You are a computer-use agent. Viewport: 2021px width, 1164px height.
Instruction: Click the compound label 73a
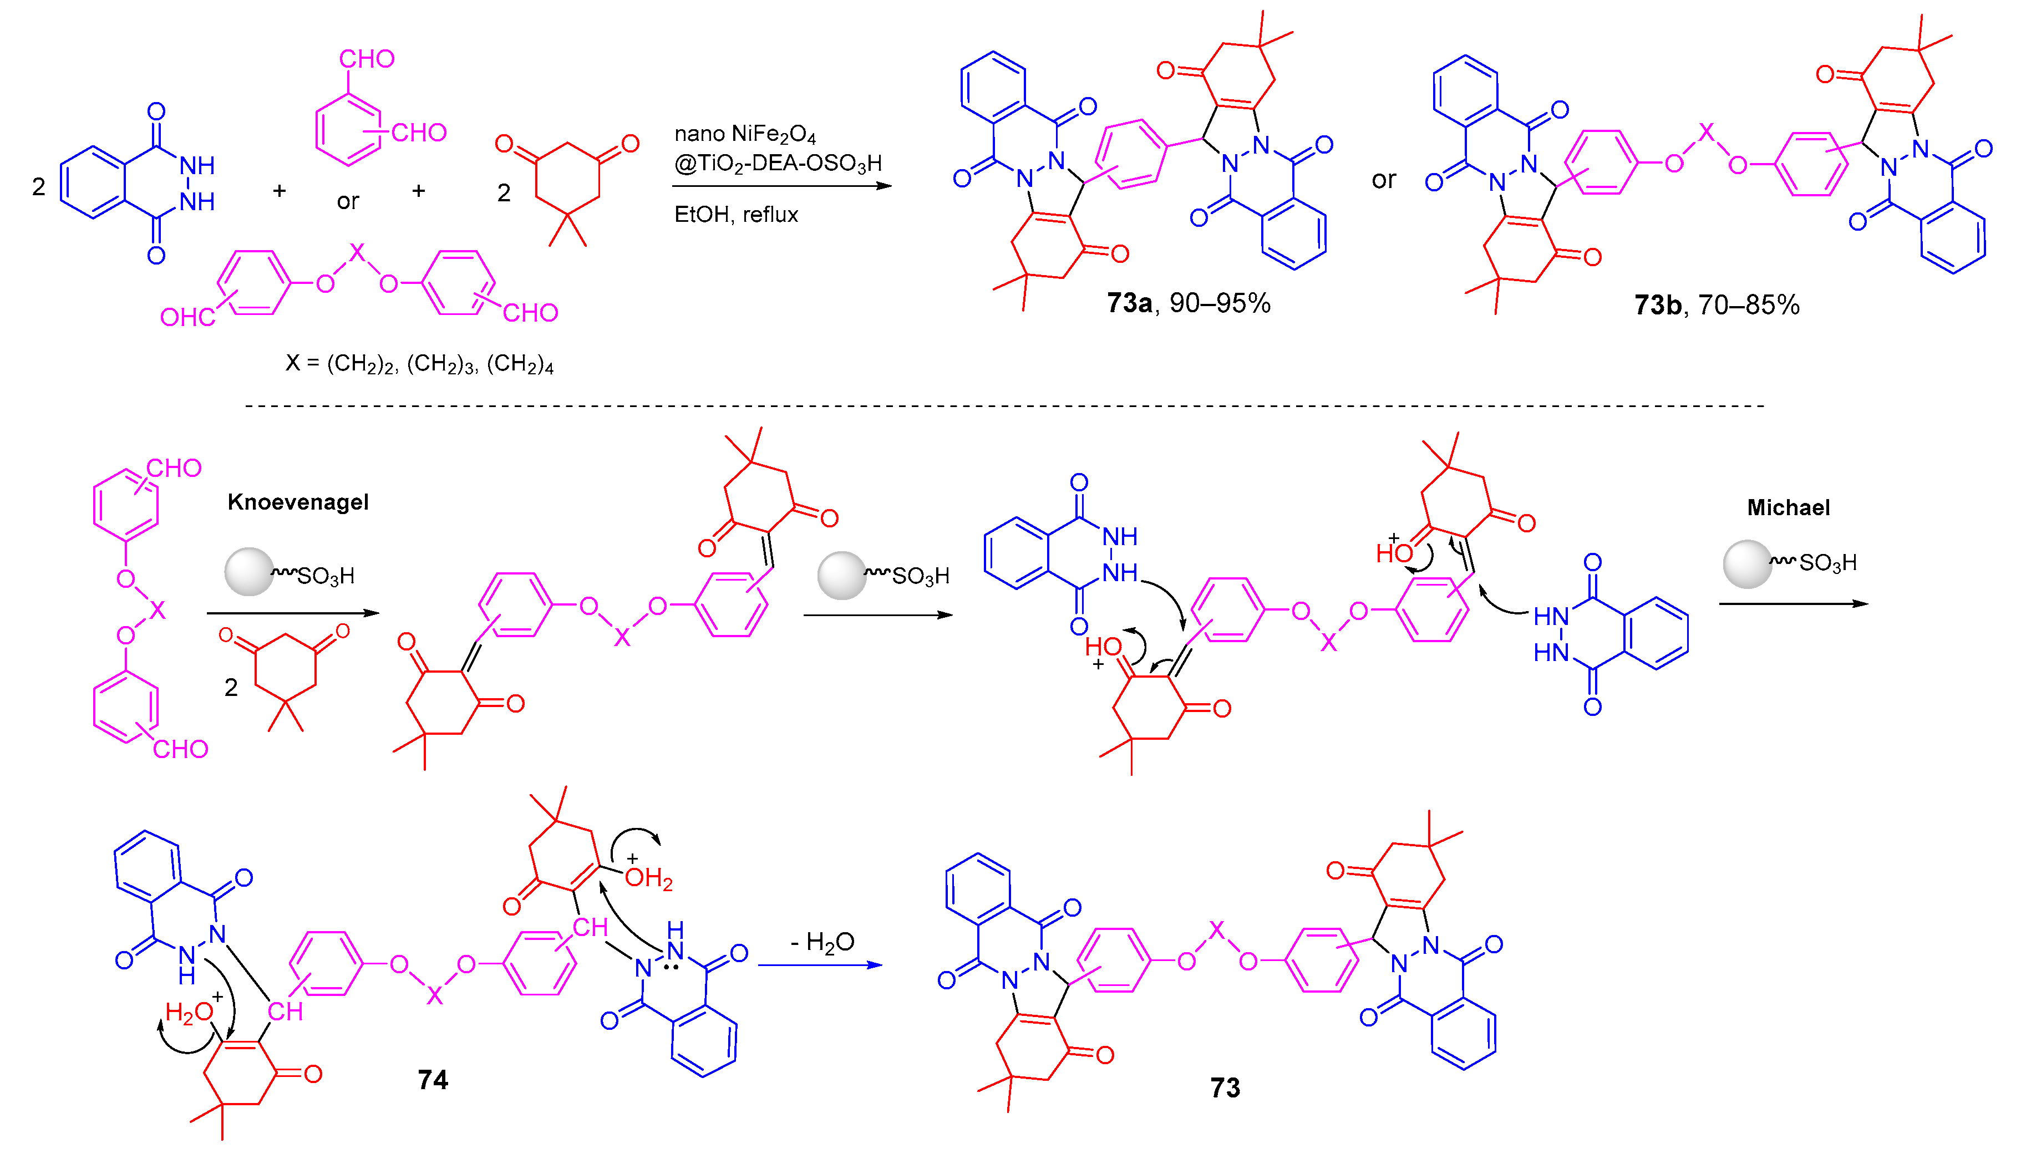(x=1129, y=303)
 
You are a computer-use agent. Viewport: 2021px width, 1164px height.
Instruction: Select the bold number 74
(x=433, y=1080)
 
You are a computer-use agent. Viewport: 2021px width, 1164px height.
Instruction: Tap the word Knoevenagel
(x=298, y=502)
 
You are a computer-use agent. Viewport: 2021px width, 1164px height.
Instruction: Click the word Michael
(x=1789, y=507)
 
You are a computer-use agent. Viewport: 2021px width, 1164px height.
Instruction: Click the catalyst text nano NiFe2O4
(x=745, y=134)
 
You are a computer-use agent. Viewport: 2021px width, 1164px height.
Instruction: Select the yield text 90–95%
(x=1220, y=303)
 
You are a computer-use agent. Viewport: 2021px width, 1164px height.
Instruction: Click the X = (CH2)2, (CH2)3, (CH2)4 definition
(x=420, y=364)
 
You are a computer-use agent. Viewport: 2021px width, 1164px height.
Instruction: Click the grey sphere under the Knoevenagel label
(x=248, y=572)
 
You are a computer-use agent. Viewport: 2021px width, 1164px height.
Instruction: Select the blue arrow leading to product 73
(x=819, y=965)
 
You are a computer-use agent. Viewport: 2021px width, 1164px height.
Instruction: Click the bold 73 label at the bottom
(x=1225, y=1088)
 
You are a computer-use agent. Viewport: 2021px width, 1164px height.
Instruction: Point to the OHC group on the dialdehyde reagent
(x=187, y=317)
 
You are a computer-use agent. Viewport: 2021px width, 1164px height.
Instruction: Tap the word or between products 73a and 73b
(x=1384, y=180)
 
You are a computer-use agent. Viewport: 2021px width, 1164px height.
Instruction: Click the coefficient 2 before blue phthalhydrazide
(x=38, y=187)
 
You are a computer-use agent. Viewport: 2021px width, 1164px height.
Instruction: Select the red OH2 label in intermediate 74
(x=648, y=880)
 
